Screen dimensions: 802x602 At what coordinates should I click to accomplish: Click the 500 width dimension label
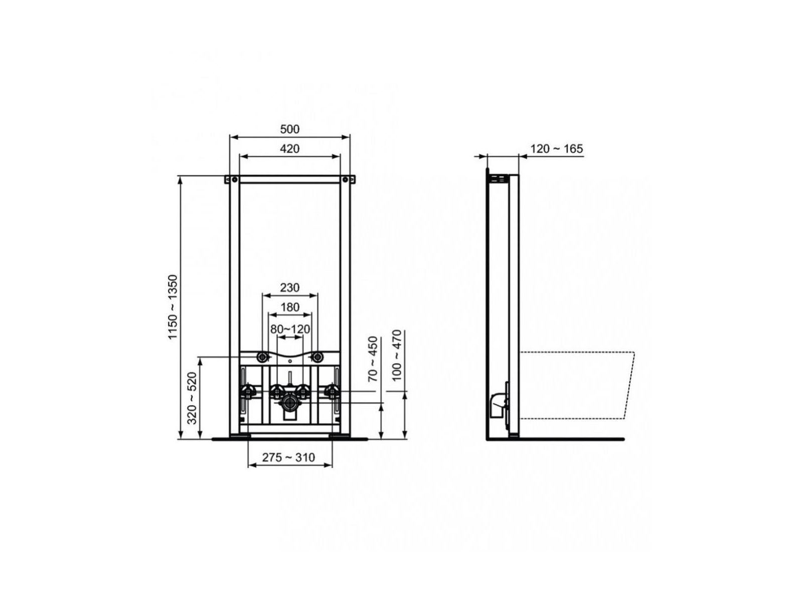point(289,129)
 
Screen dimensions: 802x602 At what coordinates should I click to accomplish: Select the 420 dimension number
point(289,149)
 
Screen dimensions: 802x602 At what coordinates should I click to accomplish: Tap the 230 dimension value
point(289,288)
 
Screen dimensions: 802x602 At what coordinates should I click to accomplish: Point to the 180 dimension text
point(290,307)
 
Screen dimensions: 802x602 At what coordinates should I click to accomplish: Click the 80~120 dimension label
point(290,329)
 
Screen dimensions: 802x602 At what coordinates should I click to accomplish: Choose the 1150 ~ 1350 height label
point(173,307)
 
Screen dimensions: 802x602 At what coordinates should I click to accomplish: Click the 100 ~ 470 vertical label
point(397,355)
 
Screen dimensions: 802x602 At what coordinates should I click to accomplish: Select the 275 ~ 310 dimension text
point(288,457)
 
